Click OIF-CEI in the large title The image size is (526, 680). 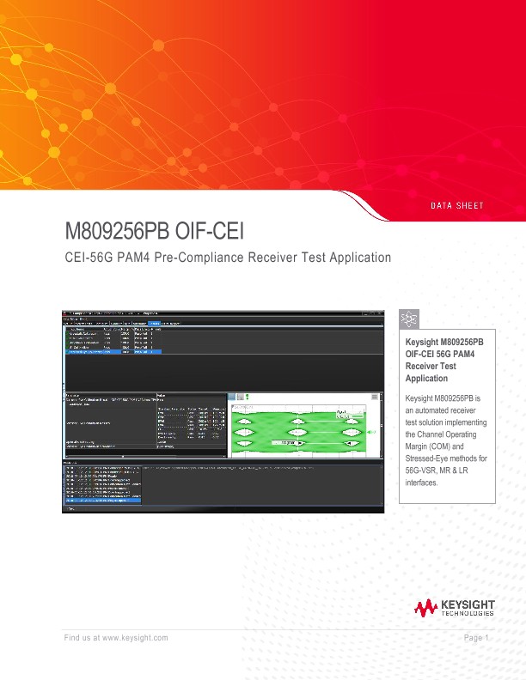tap(211, 233)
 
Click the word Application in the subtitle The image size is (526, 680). tap(356, 257)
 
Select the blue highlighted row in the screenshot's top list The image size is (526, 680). tap(112, 352)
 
